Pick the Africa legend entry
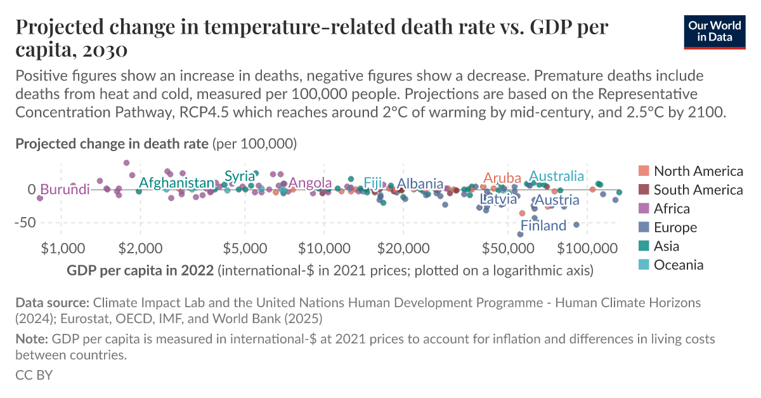tap(672, 209)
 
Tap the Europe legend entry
tap(675, 227)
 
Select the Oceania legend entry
tap(678, 265)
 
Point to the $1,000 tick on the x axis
tap(62, 246)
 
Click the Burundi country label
tap(65, 190)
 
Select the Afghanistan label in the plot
tap(176, 183)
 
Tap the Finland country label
tap(543, 226)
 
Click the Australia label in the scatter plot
tap(556, 176)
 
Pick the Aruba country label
tap(502, 178)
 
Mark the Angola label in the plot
tap(310, 183)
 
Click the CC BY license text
tap(34, 375)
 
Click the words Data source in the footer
tap(53, 302)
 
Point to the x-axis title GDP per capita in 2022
tap(140, 271)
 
